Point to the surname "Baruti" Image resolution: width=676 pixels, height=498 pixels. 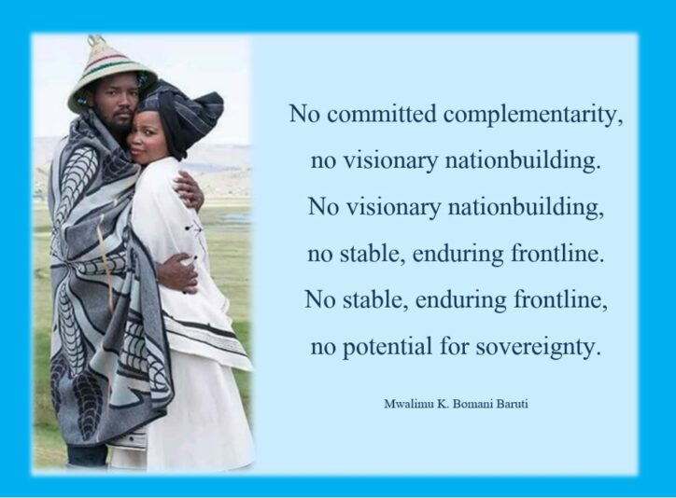click(x=524, y=404)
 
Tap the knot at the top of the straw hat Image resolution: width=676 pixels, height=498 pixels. click(x=97, y=42)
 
